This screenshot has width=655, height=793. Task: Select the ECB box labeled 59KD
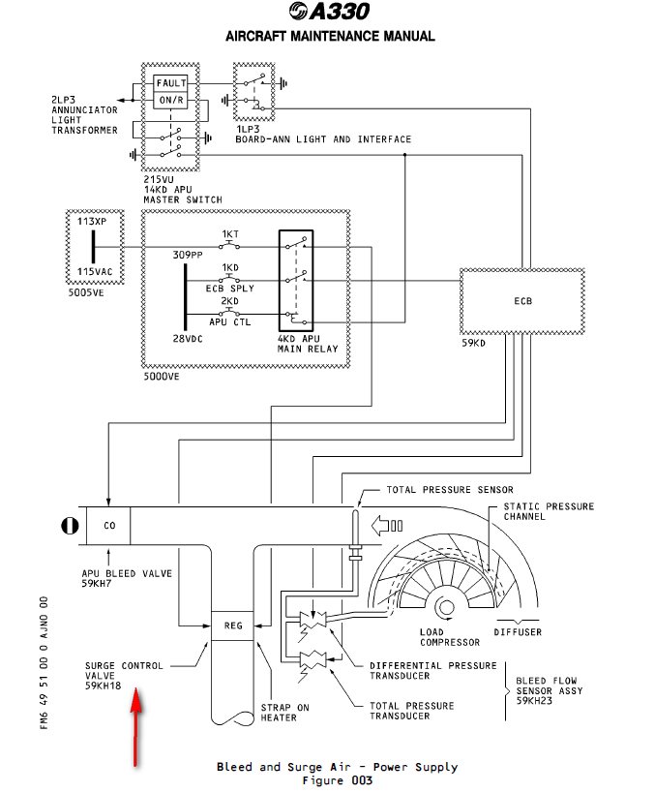(522, 301)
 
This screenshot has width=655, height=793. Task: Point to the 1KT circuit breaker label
(230, 234)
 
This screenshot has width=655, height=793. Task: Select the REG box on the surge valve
(232, 625)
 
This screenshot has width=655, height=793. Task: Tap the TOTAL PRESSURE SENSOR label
(450, 490)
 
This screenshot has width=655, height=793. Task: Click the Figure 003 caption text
(337, 780)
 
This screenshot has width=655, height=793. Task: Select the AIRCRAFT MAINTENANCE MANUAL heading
(329, 37)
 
